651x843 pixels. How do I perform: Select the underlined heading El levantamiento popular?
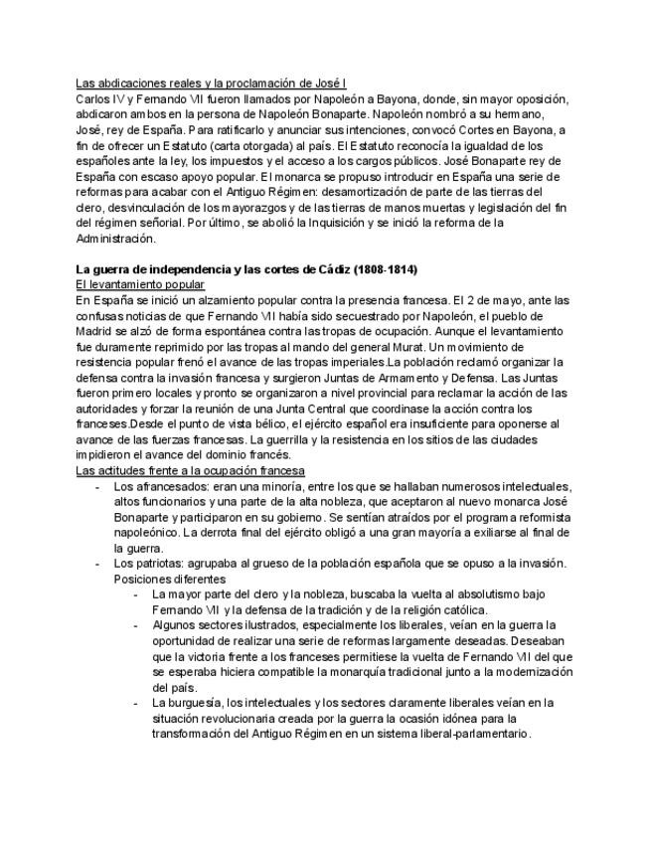[x=139, y=284]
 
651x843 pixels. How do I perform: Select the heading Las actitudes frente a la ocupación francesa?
[x=190, y=470]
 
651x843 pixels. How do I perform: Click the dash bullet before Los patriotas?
[x=96, y=564]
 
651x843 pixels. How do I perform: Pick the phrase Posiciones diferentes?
[x=170, y=579]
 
